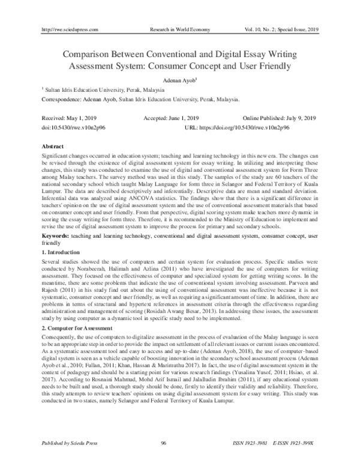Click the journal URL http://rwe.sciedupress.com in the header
pyautogui.click(x=68, y=29)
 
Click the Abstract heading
pyautogui.click(x=52, y=147)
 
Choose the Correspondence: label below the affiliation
pyautogui.click(x=62, y=99)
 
